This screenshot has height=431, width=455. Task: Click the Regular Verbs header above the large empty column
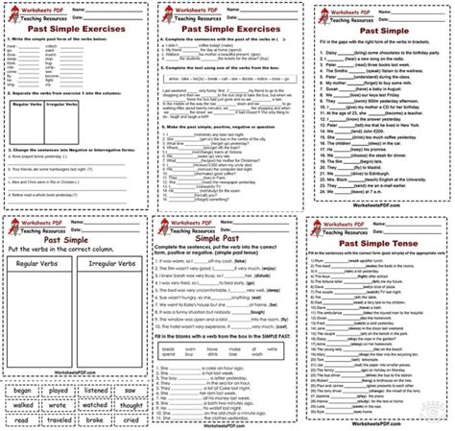pos(41,285)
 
